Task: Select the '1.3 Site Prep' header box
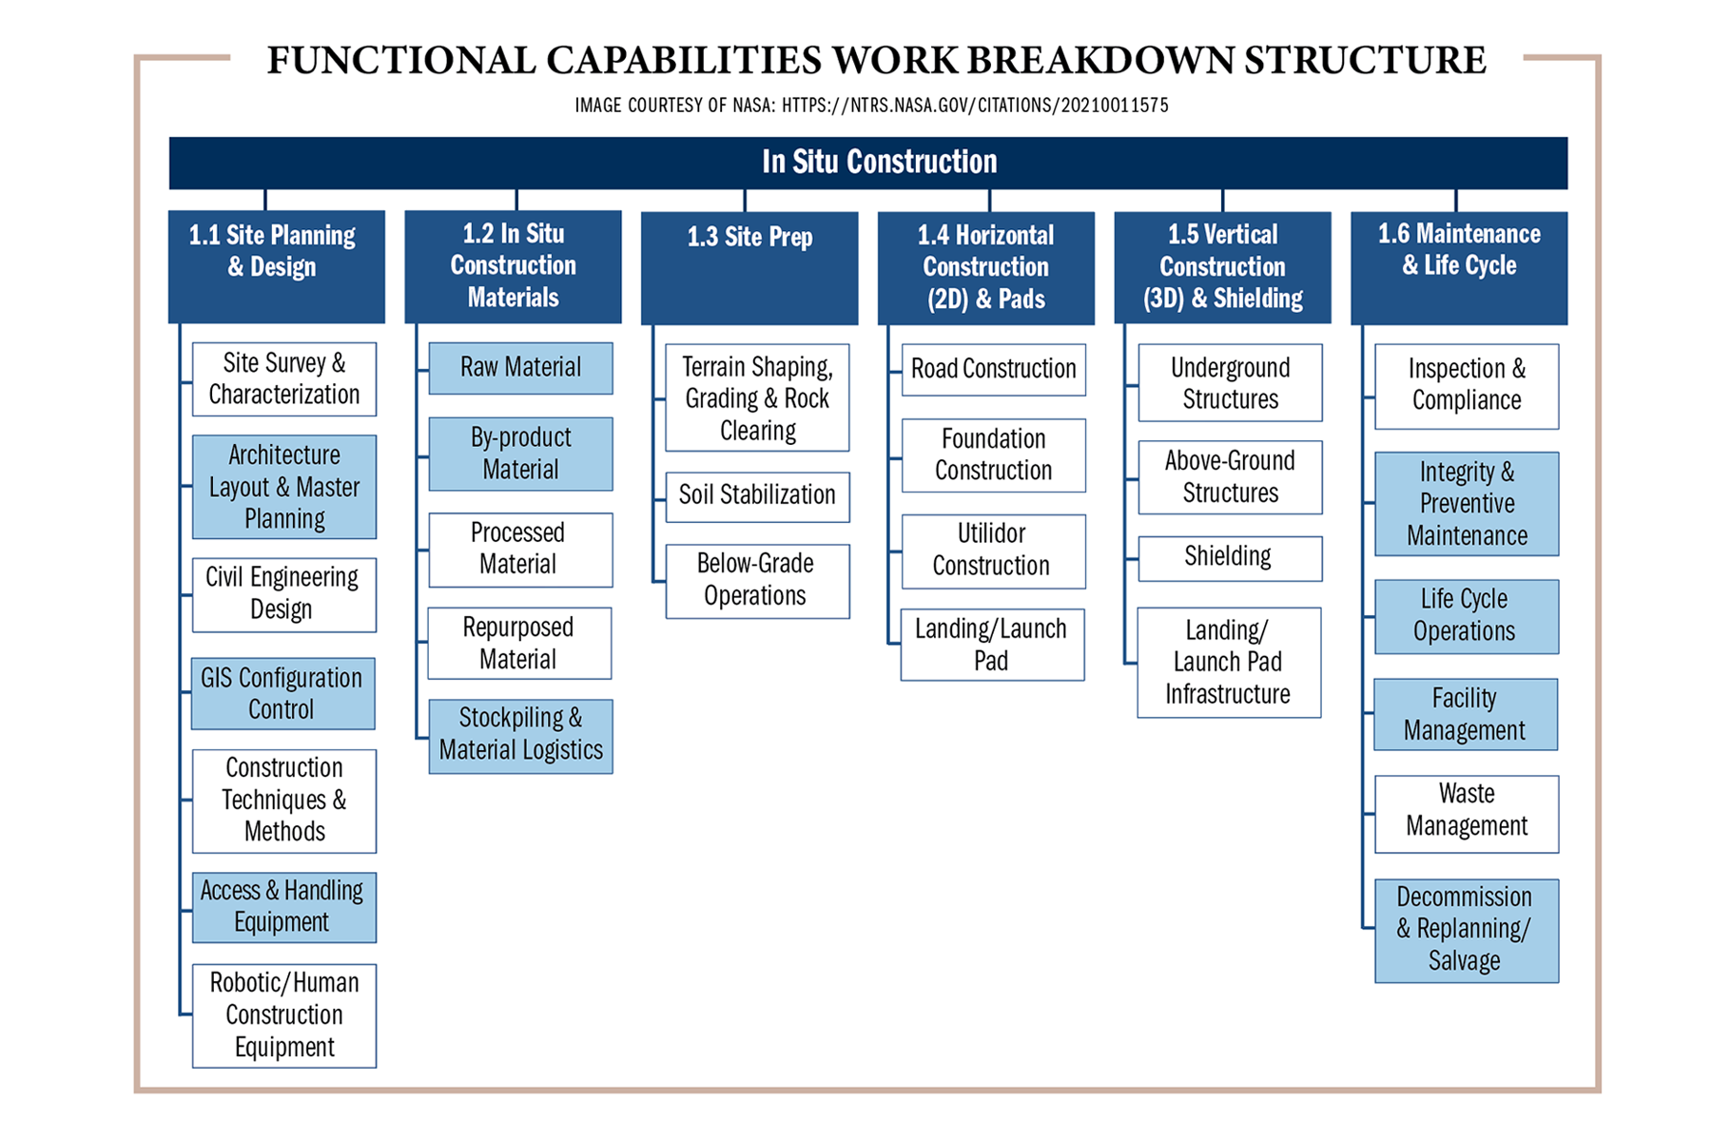click(x=749, y=267)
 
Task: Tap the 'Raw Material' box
click(x=520, y=368)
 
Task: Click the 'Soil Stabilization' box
click(x=757, y=496)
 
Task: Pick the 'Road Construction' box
click(x=993, y=369)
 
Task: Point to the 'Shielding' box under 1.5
click(x=1229, y=558)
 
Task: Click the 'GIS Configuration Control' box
click(x=282, y=693)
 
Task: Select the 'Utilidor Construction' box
click(x=993, y=551)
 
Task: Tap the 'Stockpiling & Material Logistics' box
click(x=520, y=736)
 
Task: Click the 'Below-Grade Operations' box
click(x=757, y=581)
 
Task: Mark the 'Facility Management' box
click(x=1466, y=714)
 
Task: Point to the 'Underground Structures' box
click(x=1230, y=382)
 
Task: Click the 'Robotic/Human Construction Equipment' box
click(x=283, y=1015)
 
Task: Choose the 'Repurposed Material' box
click(x=519, y=643)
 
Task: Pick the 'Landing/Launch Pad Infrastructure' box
click(x=1229, y=662)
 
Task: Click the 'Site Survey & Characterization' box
click(x=283, y=378)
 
